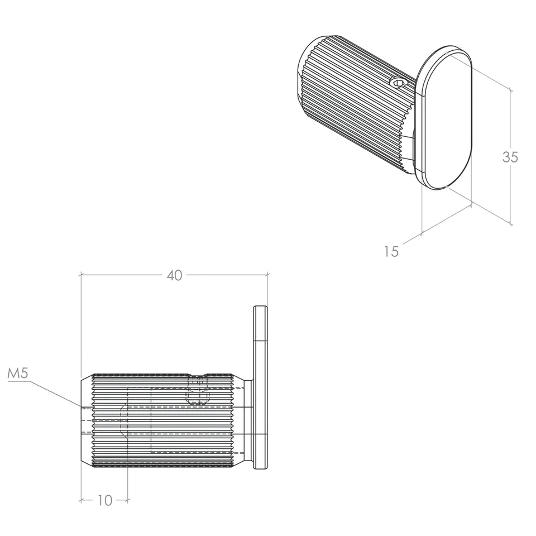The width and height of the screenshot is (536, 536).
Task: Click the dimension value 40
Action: (174, 275)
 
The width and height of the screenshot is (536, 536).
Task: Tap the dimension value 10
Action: (105, 501)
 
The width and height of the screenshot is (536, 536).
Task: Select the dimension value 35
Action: (510, 157)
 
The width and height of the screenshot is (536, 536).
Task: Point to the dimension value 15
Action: (391, 252)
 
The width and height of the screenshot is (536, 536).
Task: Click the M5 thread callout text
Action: (17, 374)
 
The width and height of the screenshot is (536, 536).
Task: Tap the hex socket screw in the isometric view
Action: (399, 83)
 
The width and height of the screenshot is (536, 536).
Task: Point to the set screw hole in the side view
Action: (198, 390)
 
